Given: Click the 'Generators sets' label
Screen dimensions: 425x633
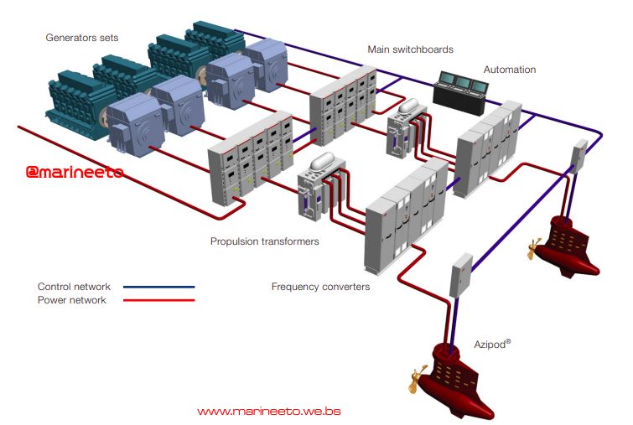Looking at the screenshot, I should pos(81,38).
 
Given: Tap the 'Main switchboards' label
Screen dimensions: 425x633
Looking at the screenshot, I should pos(410,49).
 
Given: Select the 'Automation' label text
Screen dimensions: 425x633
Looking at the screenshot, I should pos(509,70).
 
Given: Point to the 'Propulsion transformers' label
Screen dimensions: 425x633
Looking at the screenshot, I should pos(264,241).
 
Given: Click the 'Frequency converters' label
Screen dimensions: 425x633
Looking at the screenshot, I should pos(320,287).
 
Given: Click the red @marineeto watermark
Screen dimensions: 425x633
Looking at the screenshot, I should pos(75,172).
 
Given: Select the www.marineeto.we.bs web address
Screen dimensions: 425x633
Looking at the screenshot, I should pos(268,412).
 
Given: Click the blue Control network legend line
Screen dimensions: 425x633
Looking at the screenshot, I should pos(158,287).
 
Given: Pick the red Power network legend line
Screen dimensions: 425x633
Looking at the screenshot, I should pos(158,300).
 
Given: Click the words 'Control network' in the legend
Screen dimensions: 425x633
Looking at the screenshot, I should pos(74,287).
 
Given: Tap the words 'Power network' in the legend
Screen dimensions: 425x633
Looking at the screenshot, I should pos(72,300).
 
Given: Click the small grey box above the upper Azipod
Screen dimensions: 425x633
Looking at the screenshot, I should pos(579,154).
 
